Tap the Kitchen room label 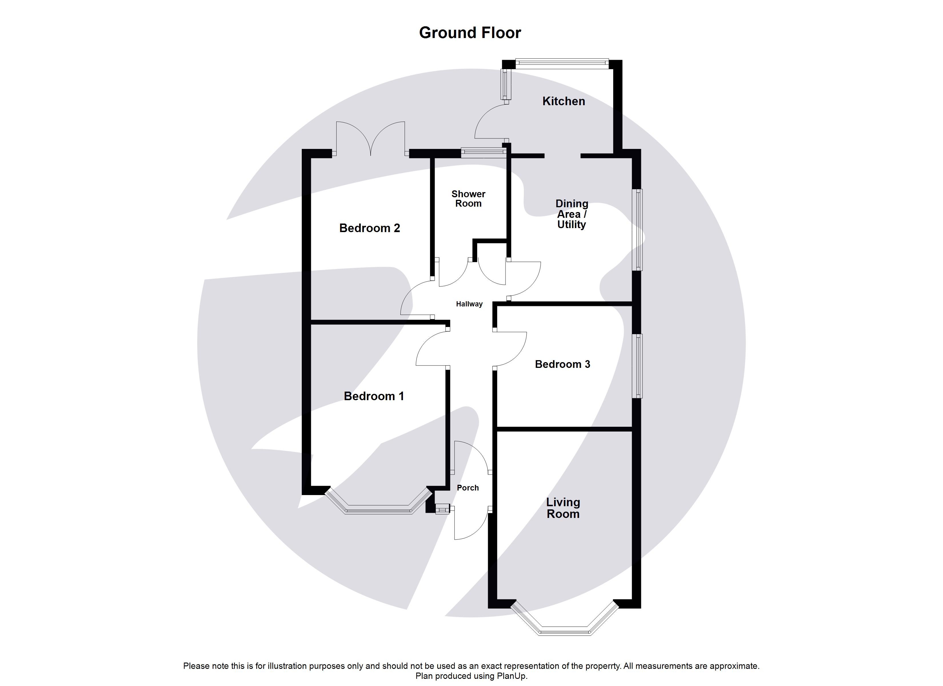click(564, 101)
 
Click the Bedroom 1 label click(373, 396)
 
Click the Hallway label click(469, 304)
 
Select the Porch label click(468, 488)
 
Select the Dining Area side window click(638, 230)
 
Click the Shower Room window click(484, 152)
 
